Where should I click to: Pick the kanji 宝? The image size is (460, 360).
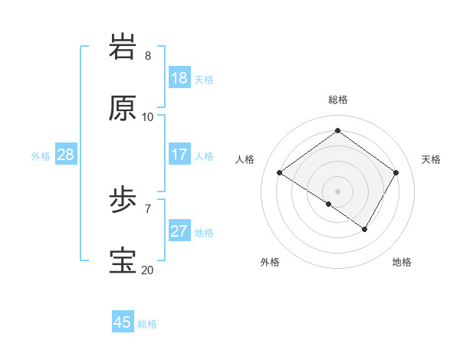tap(123, 261)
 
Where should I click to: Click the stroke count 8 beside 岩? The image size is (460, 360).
tap(148, 56)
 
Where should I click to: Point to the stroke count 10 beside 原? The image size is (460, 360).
tap(148, 116)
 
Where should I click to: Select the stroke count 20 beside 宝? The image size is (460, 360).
tap(147, 270)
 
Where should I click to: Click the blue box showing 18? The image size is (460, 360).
tap(179, 78)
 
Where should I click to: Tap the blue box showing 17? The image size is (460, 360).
tap(179, 155)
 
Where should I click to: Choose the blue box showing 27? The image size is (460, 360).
tap(179, 231)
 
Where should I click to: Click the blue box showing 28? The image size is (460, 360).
tap(66, 155)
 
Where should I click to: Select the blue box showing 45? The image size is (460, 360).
tap(123, 322)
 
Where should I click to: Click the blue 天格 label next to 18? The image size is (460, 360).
tap(204, 80)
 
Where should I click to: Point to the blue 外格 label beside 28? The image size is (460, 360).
tap(41, 156)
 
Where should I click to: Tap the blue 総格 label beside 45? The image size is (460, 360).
tap(147, 324)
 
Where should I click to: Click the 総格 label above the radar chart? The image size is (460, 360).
tap(338, 100)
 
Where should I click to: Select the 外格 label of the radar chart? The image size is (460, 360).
tap(270, 262)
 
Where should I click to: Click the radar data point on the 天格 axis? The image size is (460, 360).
tap(396, 173)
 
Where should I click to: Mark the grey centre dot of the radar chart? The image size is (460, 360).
tap(337, 191)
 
